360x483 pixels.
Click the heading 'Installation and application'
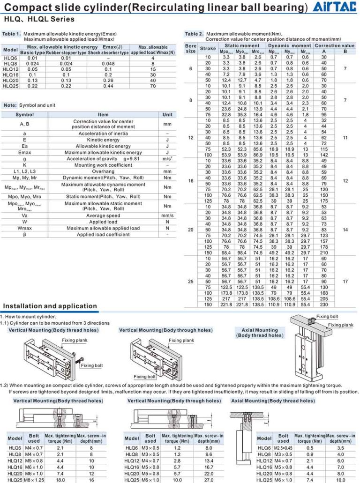coord(50,306)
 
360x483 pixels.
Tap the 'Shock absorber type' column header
coord(108,53)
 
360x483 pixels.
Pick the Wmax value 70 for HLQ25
coord(153,86)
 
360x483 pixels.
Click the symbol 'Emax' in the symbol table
coord(24,152)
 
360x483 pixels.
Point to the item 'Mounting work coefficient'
coord(103,165)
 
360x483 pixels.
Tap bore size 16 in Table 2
coord(191,180)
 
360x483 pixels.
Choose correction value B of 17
coord(345,281)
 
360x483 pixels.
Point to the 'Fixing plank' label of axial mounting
coord(340,325)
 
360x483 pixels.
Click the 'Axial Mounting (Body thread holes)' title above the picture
coord(260,333)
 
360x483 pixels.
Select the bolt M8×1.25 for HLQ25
coord(34,480)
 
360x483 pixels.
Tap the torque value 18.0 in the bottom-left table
coord(60,480)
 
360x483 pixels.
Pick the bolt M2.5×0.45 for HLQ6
coord(283,448)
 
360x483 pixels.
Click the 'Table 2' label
coord(194,34)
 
